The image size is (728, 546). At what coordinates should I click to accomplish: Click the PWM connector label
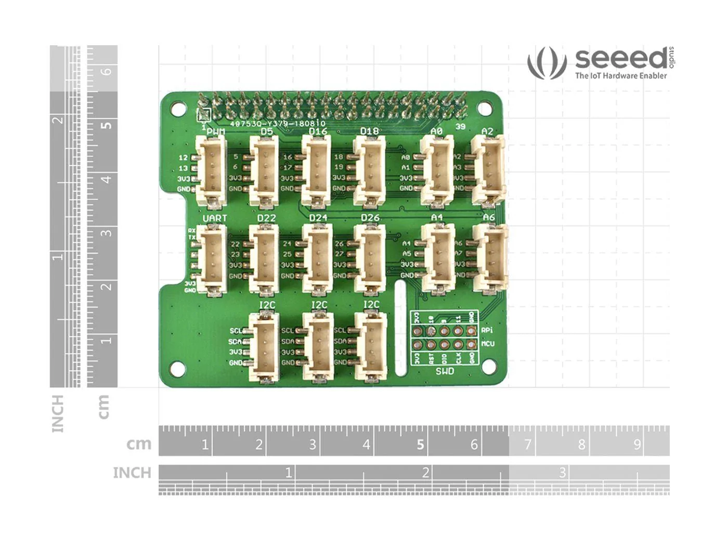pyautogui.click(x=216, y=132)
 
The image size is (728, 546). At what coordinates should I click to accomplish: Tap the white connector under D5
pyautogui.click(x=265, y=172)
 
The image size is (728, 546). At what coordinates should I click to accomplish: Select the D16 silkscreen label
pyautogui.click(x=318, y=132)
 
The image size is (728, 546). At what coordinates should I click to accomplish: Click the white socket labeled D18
pyautogui.click(x=370, y=172)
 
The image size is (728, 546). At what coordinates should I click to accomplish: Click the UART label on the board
pyautogui.click(x=215, y=218)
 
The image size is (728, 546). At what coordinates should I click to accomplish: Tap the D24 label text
pyautogui.click(x=318, y=218)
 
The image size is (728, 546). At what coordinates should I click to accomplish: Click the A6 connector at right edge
pyautogui.click(x=490, y=258)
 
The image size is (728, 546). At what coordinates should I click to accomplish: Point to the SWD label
pyautogui.click(x=445, y=371)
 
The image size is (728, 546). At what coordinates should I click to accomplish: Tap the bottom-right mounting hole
pyautogui.click(x=488, y=367)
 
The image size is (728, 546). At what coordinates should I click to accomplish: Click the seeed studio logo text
pyautogui.click(x=621, y=59)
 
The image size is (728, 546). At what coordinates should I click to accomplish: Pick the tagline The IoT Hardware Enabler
pyautogui.click(x=620, y=76)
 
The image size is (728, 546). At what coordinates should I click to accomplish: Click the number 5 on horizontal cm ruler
pyautogui.click(x=420, y=445)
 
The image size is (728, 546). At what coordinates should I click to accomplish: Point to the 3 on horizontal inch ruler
pyautogui.click(x=562, y=473)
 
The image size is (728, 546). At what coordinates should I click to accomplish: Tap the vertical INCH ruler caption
pyautogui.click(x=58, y=413)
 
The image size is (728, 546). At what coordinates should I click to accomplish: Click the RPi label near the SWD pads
pyautogui.click(x=487, y=330)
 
